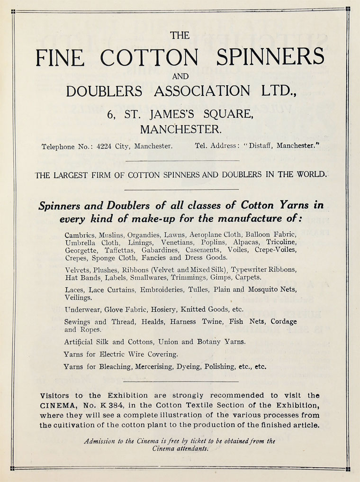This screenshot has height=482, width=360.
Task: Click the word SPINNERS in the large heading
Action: click(x=270, y=57)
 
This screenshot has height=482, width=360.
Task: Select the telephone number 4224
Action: click(x=104, y=146)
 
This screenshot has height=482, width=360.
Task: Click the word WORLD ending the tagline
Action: click(x=311, y=174)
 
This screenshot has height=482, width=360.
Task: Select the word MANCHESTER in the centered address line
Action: click(x=180, y=129)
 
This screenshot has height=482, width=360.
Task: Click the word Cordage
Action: click(x=284, y=321)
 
